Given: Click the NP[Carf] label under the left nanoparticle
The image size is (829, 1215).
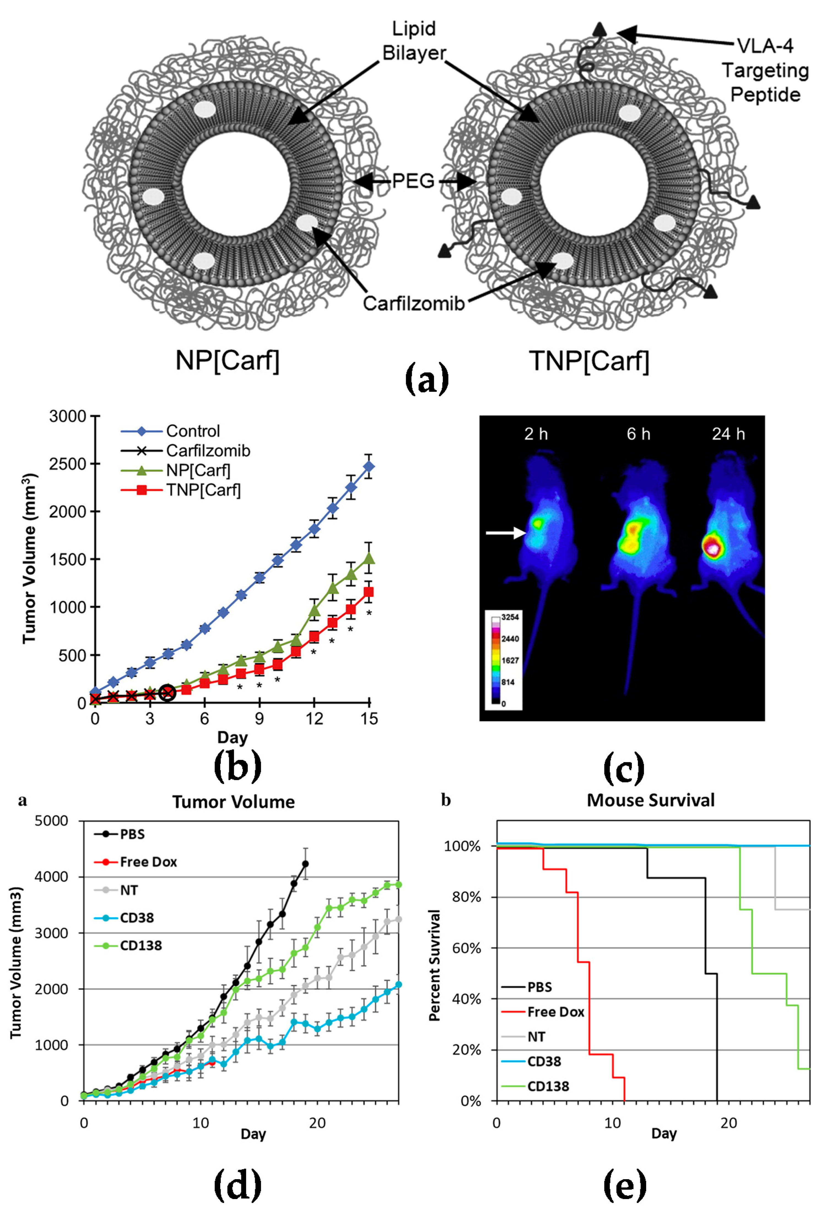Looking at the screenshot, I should tap(227, 361).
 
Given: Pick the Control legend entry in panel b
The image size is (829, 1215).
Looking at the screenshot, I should tap(192, 431).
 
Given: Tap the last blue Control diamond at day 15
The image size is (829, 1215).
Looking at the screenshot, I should tap(369, 466).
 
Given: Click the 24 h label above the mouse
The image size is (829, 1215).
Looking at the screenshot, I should tap(728, 434).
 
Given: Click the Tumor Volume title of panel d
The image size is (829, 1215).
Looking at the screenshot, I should tap(234, 802).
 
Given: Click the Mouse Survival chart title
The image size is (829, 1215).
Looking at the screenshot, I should tap(650, 801).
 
